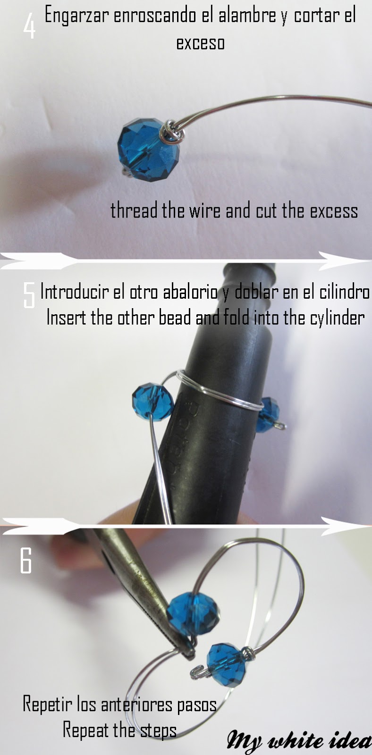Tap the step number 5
pos(29,295)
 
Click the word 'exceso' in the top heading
pos(200,43)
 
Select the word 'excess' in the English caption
pos(334,211)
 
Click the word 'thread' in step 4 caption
pos(134,210)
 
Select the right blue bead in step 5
pos(268,413)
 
